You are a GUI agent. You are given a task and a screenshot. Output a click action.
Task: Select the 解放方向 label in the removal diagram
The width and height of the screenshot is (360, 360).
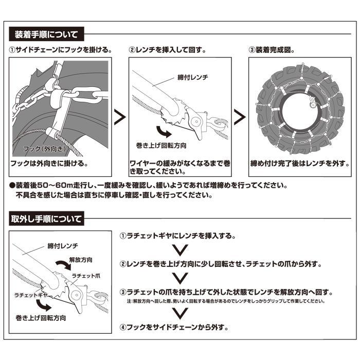83,260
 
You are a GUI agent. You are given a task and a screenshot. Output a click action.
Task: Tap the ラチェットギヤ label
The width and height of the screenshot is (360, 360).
32,297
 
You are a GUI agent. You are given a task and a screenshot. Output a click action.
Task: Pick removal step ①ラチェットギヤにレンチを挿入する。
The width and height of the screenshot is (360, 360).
177,236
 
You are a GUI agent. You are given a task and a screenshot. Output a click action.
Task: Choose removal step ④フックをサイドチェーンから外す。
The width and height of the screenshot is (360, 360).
174,327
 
